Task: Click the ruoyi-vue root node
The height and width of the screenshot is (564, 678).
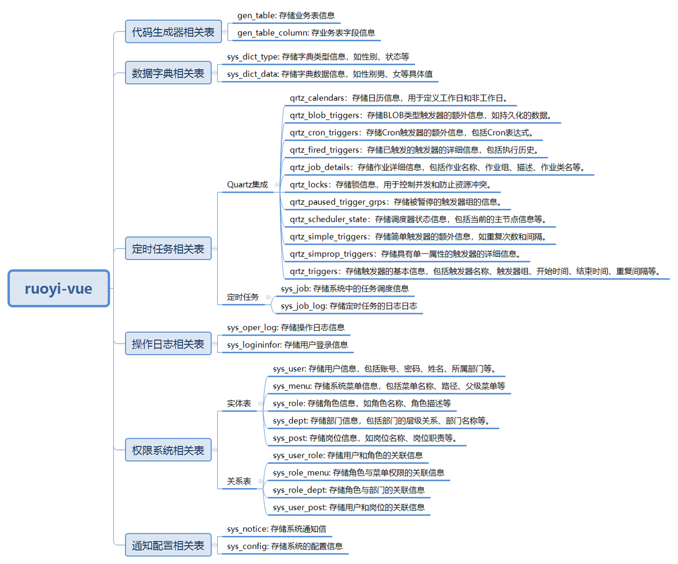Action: coord(58,288)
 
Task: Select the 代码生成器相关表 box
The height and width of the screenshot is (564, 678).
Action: coord(173,32)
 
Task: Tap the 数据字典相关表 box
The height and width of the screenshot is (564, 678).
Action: coord(168,73)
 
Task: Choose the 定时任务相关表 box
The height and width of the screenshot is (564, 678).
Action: coord(168,249)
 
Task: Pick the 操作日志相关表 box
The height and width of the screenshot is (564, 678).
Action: coord(168,344)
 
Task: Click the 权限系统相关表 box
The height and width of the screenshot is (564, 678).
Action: coord(168,450)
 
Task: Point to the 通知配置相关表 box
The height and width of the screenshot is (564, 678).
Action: coord(168,545)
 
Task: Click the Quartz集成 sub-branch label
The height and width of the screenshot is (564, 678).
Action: coord(247,184)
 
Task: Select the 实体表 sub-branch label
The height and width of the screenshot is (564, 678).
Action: coord(239,403)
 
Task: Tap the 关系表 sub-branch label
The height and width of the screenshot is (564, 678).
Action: coord(239,481)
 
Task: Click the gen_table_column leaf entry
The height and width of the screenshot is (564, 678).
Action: coord(306,33)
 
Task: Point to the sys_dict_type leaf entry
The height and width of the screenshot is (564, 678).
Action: coord(318,57)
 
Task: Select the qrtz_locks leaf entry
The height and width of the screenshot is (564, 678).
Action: coord(390,184)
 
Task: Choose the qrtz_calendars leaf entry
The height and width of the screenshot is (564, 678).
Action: coord(398,98)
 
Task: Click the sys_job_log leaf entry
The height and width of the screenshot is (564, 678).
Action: coord(349,306)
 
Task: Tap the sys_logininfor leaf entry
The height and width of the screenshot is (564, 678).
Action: coord(287,345)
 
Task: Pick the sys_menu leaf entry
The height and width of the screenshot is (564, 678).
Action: coord(389,386)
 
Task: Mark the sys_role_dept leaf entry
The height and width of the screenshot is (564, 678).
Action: coord(349,490)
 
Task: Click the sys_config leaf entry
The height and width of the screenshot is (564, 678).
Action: coord(284,546)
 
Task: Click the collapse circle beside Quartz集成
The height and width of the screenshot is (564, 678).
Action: coord(277,184)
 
